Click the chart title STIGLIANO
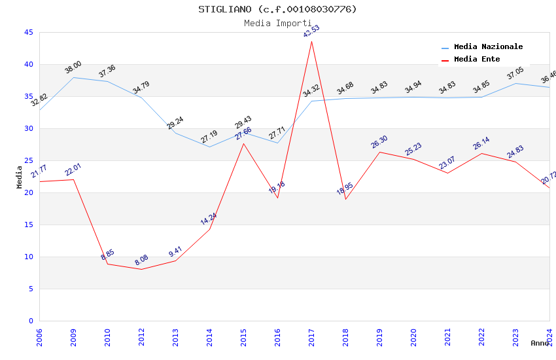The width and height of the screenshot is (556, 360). [x=278, y=9]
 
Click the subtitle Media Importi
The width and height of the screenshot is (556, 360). [x=278, y=23]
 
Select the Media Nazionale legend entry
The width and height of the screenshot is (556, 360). [x=488, y=47]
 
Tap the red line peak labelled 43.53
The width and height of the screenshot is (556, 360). [x=311, y=41]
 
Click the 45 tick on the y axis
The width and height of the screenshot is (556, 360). [x=29, y=32]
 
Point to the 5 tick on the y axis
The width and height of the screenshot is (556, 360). [x=31, y=289]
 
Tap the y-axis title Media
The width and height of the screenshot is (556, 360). [x=20, y=177]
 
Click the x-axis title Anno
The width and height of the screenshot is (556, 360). [x=540, y=343]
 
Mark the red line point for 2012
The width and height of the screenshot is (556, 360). [x=141, y=269]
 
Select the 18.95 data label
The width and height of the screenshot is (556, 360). [x=345, y=190]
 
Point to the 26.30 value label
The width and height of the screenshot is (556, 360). [x=379, y=141]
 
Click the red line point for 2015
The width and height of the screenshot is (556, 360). [x=243, y=143]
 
